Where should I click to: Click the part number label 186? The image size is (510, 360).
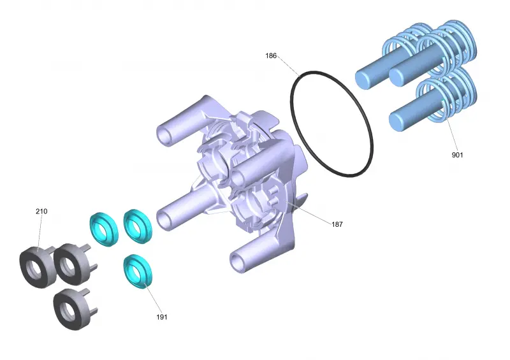(270, 55)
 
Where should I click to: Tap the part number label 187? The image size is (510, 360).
(337, 224)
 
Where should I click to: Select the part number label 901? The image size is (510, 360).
(457, 155)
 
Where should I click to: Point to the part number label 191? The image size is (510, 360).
(162, 317)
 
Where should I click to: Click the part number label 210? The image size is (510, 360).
(41, 212)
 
